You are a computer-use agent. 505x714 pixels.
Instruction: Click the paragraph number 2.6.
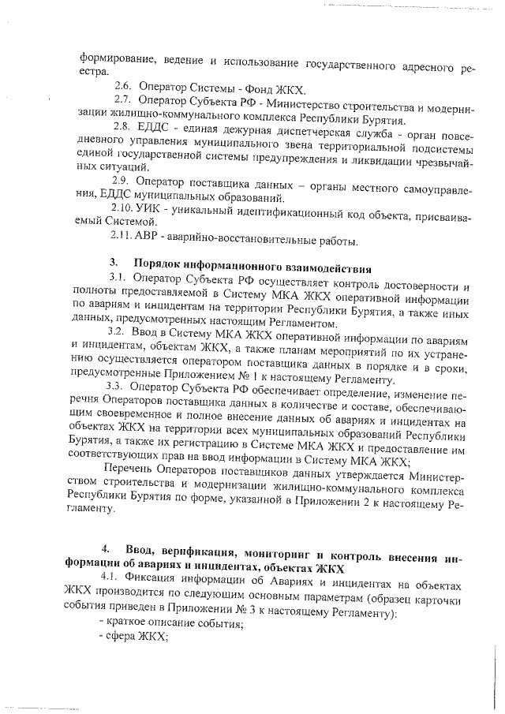click(124, 85)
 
